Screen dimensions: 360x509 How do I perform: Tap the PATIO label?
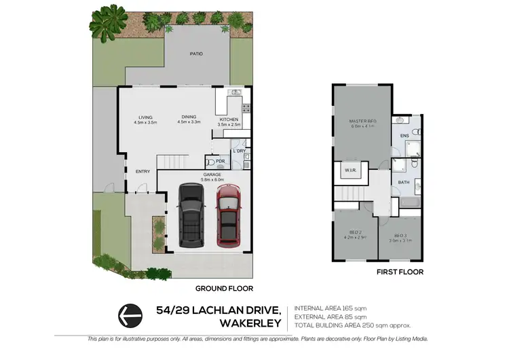196,54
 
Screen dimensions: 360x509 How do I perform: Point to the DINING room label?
189,117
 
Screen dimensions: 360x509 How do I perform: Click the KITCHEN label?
229,120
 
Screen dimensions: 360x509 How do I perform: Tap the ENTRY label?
143,171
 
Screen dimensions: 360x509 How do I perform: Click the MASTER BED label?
363,121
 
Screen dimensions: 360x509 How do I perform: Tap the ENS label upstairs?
404,137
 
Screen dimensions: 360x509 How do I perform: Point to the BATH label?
403,182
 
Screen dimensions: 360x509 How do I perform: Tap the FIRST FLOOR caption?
400,272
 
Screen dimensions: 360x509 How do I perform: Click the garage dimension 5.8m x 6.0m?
212,179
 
